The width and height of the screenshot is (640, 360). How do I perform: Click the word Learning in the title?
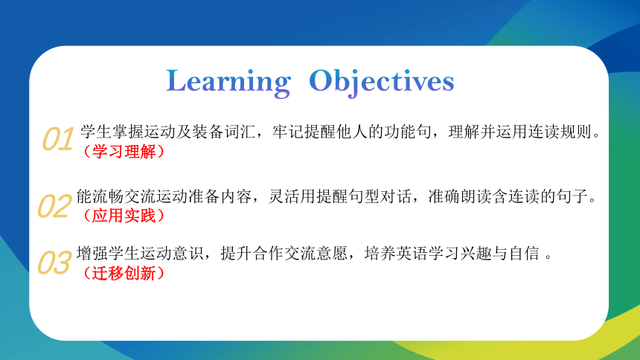pyautogui.click(x=228, y=83)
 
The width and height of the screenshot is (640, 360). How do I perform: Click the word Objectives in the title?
pyautogui.click(x=382, y=83)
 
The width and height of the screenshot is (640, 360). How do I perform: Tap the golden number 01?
pyautogui.click(x=58, y=139)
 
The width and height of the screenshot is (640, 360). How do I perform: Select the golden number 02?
pyautogui.click(x=54, y=206)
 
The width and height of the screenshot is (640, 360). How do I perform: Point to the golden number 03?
pyautogui.click(x=54, y=263)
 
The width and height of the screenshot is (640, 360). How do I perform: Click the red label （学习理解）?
pyautogui.click(x=124, y=152)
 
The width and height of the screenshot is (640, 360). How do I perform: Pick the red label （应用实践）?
pyautogui.click(x=124, y=216)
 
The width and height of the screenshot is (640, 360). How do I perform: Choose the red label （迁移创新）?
pyautogui.click(x=124, y=273)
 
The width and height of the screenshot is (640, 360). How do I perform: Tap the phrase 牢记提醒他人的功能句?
pyautogui.click(x=351, y=132)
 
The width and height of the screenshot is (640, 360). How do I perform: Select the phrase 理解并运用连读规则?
pyautogui.click(x=520, y=132)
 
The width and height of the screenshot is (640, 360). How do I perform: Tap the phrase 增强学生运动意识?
pyautogui.click(x=140, y=254)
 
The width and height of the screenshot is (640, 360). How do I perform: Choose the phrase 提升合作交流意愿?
pyautogui.click(x=284, y=254)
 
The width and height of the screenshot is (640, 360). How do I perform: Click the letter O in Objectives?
pyautogui.click(x=320, y=80)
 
